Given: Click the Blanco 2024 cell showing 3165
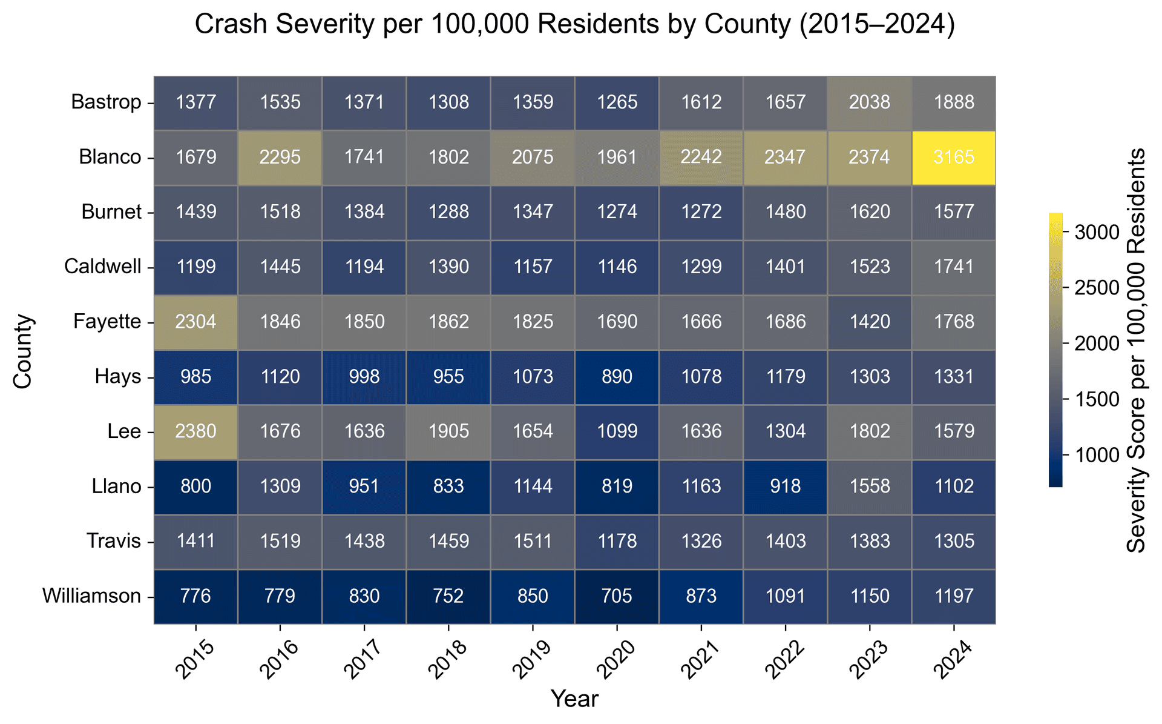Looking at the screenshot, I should pos(954,158).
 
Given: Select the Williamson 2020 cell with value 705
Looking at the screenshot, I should pos(617,596).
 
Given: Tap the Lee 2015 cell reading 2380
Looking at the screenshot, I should pos(196,432).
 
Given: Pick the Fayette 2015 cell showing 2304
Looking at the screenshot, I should pos(196,322).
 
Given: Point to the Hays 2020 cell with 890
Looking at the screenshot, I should pos(617,377).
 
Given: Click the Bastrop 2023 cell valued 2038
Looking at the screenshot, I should pos(870,102).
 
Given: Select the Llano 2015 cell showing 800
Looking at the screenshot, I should pos(196,487).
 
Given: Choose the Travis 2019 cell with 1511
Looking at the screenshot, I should pos(533,541).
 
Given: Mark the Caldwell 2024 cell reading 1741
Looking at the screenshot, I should pos(954,267).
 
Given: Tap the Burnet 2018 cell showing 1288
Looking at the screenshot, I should pos(448,213).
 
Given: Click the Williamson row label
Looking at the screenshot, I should pos(91,596).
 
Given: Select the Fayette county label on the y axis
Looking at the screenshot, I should pos(107,322).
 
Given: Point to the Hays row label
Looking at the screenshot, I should pos(118,377).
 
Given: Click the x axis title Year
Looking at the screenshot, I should pos(574,699).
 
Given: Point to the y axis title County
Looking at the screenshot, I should pos(22,351).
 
